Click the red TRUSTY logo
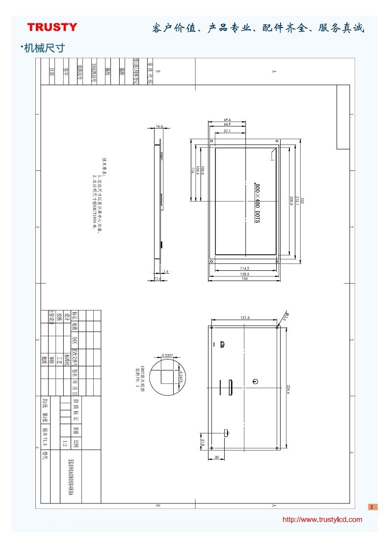(x=52, y=27)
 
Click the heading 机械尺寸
(x=44, y=48)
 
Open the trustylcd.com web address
(x=322, y=520)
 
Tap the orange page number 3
(x=372, y=507)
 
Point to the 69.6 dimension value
(x=227, y=119)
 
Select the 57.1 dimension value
(x=227, y=131)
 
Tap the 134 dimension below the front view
(x=244, y=279)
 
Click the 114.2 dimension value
(x=244, y=268)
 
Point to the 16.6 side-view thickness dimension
(x=159, y=126)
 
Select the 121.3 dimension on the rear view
(x=245, y=318)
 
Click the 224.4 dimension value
(x=287, y=389)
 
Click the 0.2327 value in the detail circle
(x=167, y=355)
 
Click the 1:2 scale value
(x=65, y=444)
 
